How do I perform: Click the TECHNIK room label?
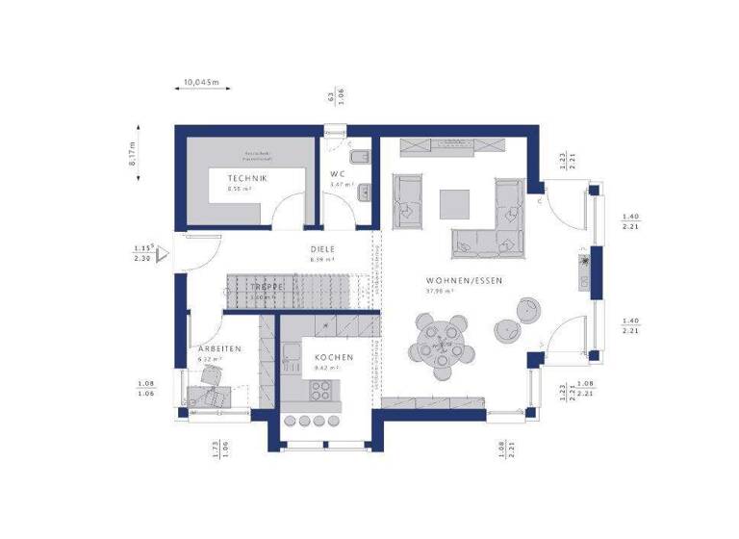coord(247,179)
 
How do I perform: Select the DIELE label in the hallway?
coord(321,248)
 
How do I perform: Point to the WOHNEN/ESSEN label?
coord(465,281)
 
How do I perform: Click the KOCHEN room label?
coord(334,357)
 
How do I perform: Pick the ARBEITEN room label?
coord(220,348)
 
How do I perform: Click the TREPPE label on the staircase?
coord(267,287)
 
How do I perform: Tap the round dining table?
coord(442,341)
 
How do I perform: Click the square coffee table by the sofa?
coord(455,203)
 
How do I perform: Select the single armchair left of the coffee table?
coord(408,197)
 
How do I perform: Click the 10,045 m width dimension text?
coord(200,84)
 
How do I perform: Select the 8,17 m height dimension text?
coord(133,153)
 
